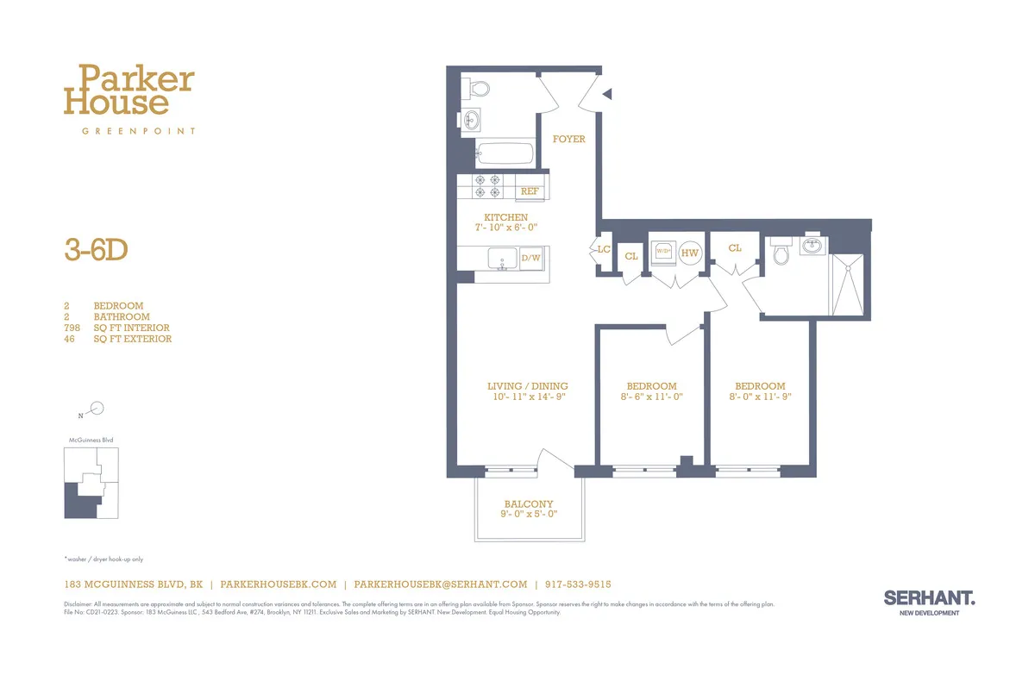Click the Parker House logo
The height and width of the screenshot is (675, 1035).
pos(129,91)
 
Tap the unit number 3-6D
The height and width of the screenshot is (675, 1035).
pos(96,249)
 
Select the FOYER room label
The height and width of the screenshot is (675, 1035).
pos(568,139)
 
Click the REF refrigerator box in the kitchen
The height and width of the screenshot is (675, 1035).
pos(530,191)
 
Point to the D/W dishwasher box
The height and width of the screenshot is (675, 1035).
pos(530,258)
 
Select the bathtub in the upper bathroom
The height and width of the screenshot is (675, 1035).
pos(505,154)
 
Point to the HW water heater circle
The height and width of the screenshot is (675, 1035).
pos(689,253)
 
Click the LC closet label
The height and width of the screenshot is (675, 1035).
pos(604,250)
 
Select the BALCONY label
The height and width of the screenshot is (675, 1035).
pos(529,504)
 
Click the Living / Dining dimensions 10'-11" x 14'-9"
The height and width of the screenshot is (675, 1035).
pos(527,397)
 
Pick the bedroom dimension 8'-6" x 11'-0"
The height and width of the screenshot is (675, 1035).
pos(651,397)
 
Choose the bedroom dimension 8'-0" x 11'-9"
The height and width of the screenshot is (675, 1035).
pos(760,397)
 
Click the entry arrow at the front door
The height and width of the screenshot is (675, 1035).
pos(607,94)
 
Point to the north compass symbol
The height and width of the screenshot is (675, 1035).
pos(97,409)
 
